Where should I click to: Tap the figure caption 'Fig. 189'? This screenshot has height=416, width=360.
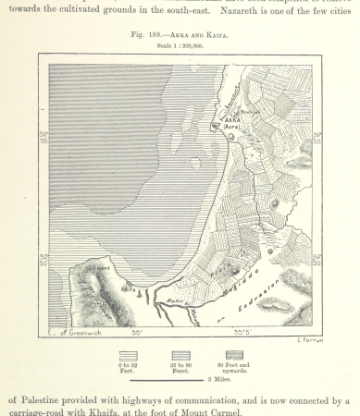148,33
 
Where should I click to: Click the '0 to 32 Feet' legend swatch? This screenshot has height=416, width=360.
129,355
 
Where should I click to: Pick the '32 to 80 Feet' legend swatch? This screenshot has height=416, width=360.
180,355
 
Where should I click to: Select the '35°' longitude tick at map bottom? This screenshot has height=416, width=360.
136,332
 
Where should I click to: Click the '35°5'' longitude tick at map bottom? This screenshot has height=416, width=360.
243,332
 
